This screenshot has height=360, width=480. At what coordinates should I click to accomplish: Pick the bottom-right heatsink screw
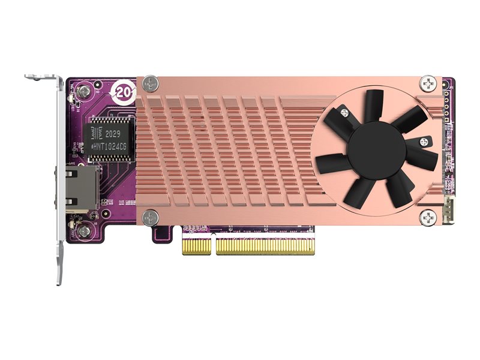pos(428,216)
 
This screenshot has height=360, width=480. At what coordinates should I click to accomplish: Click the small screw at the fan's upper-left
pos(344,112)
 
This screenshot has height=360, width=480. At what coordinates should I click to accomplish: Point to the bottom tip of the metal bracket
pos(59,277)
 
